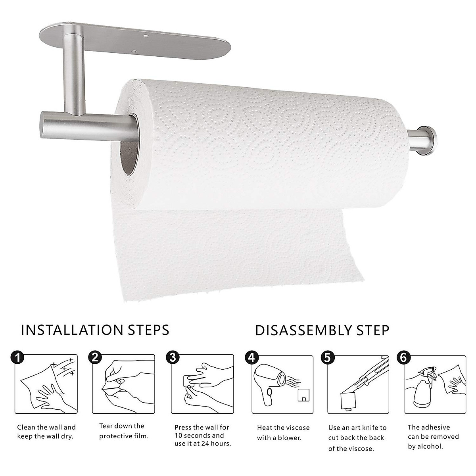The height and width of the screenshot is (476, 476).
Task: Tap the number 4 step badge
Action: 251,357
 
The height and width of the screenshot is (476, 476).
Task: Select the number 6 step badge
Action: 403,357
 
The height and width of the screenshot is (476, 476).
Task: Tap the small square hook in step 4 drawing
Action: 303,395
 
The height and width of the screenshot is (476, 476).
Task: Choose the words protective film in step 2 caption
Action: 124,436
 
